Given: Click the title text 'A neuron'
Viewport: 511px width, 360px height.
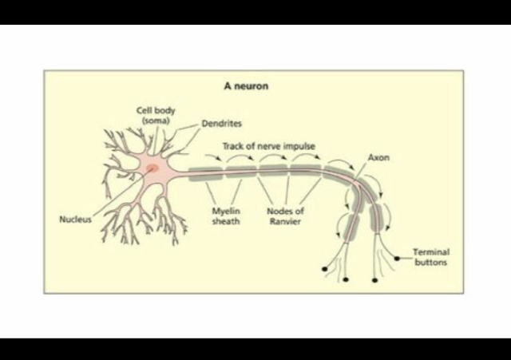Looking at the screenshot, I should [245, 85].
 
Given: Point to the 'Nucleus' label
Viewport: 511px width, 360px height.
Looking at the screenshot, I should [76, 219].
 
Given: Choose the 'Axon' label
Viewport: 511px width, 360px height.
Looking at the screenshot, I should [379, 158].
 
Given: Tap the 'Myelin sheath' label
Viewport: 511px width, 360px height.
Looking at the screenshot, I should [225, 216].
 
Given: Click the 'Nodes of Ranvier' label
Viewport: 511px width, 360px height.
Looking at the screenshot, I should [286, 216].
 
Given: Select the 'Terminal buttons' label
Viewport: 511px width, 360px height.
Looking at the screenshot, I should [431, 257].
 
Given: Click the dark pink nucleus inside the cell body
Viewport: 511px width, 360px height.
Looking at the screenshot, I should [152, 168].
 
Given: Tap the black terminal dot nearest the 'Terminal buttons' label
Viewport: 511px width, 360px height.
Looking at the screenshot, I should [397, 257].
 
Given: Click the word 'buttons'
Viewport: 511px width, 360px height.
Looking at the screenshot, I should [431, 262].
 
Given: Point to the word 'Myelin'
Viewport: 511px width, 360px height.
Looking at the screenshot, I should [225, 212].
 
